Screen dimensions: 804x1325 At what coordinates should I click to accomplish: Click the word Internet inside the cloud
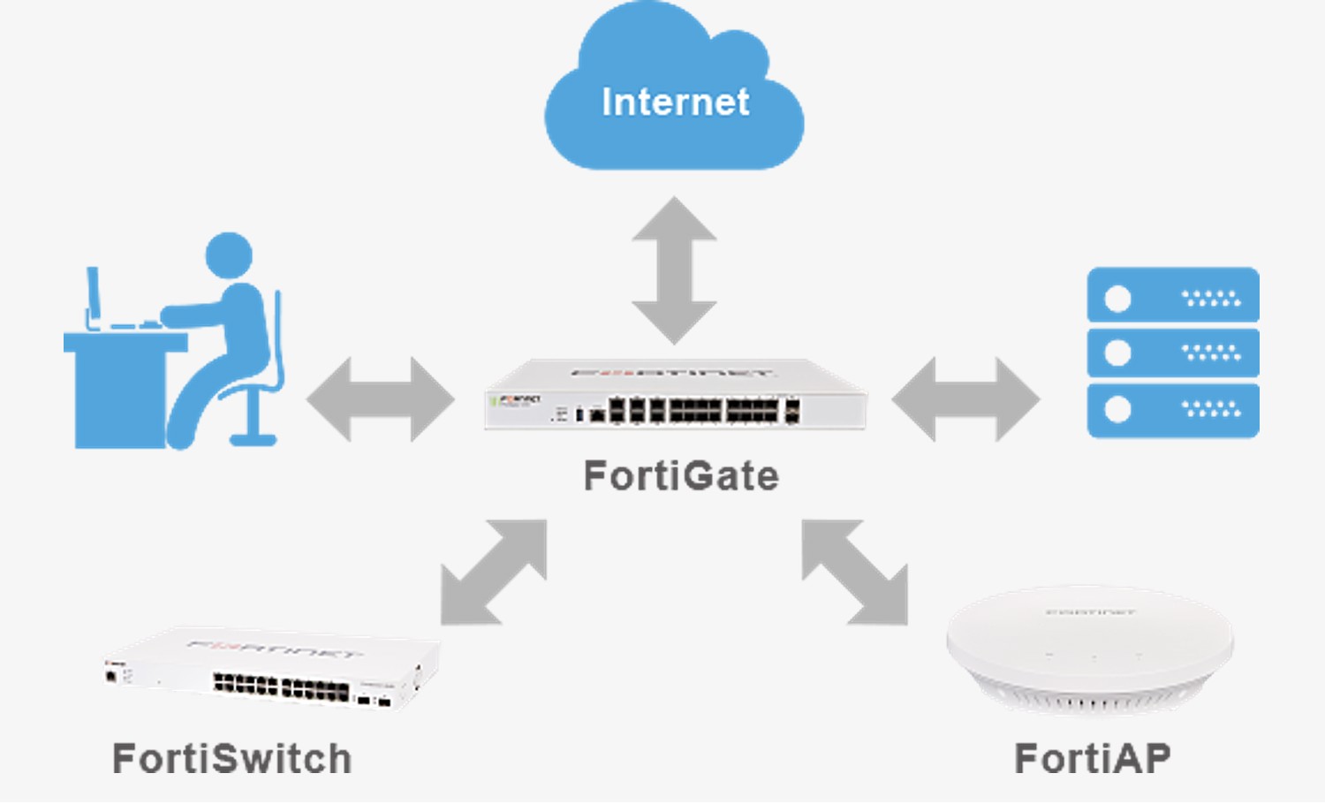tap(676, 102)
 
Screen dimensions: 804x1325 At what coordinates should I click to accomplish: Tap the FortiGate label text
tap(681, 476)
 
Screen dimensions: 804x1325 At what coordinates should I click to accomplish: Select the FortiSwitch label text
tap(232, 759)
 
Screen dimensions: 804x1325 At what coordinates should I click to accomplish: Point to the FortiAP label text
tap(1093, 758)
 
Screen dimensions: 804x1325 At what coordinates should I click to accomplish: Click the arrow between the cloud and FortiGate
tap(674, 270)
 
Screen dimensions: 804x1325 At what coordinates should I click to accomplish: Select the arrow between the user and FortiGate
tap(381, 399)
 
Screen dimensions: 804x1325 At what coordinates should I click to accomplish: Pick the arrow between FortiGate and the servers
tap(965, 399)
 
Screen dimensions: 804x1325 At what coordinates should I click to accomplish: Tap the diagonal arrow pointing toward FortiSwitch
tap(494, 572)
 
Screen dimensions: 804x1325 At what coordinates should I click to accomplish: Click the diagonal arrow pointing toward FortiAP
tap(854, 572)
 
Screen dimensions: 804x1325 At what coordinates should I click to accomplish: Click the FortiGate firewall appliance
tap(676, 398)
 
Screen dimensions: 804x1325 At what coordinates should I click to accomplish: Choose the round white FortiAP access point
tap(1090, 649)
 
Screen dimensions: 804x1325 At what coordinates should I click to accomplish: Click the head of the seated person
tap(229, 255)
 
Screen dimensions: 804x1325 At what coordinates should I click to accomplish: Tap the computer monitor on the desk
tap(93, 296)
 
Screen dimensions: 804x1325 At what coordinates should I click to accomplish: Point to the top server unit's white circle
tap(1117, 299)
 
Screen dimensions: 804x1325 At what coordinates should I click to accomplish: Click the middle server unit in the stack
tap(1172, 353)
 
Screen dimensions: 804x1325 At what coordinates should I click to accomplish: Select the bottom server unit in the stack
tap(1172, 410)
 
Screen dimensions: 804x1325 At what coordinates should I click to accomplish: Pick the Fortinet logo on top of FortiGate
tap(671, 373)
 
